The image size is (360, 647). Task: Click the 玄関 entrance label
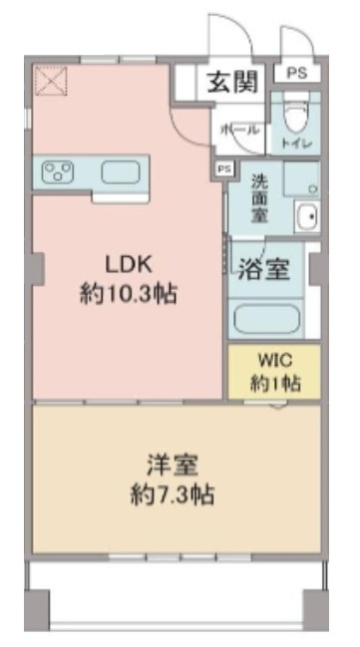tap(232, 82)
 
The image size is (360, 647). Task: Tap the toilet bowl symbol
tap(296, 115)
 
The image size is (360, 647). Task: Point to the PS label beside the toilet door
tap(297, 74)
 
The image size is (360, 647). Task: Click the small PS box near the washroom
tap(225, 169)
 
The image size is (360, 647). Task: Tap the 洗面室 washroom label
tap(260, 198)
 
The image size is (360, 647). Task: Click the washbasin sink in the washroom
tap(307, 216)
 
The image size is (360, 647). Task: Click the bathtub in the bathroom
tap(266, 318)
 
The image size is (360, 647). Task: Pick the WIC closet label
tap(275, 360)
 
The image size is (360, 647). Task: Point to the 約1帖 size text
tap(275, 384)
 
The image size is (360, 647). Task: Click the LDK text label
tap(129, 264)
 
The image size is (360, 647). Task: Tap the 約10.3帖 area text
tap(129, 295)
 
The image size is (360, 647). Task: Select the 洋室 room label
tap(173, 465)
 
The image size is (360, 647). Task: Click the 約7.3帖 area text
tap(173, 495)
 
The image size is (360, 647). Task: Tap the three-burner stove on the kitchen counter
tap(58, 172)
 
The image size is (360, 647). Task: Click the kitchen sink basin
tap(121, 172)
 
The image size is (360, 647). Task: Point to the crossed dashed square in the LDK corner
tap(51, 81)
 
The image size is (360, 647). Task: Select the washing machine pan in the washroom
tap(301, 179)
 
